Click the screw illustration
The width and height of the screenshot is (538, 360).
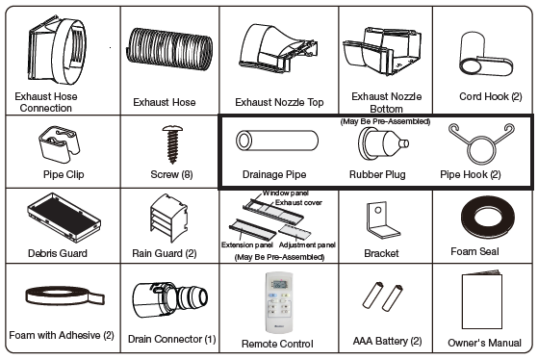[172, 144]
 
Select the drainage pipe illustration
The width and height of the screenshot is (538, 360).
[277, 141]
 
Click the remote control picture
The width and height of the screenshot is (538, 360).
[279, 302]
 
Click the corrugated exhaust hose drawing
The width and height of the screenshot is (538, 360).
[169, 49]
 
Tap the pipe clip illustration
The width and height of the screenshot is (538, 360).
[59, 144]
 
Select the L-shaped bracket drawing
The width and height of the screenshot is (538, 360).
[381, 220]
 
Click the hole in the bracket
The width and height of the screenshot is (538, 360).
[378, 210]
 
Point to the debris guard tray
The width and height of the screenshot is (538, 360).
[64, 218]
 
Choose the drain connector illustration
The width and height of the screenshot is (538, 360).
[169, 299]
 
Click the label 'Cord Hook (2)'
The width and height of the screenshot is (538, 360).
[490, 97]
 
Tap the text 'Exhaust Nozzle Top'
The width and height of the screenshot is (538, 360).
[279, 102]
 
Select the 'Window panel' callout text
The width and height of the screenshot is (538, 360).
[286, 193]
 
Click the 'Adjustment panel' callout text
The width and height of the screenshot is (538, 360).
[307, 245]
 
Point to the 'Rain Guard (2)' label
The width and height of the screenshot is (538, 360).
[165, 253]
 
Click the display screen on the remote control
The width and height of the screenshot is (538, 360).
[279, 285]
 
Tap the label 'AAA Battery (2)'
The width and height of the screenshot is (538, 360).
[387, 341]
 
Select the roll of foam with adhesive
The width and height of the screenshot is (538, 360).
[64, 296]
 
